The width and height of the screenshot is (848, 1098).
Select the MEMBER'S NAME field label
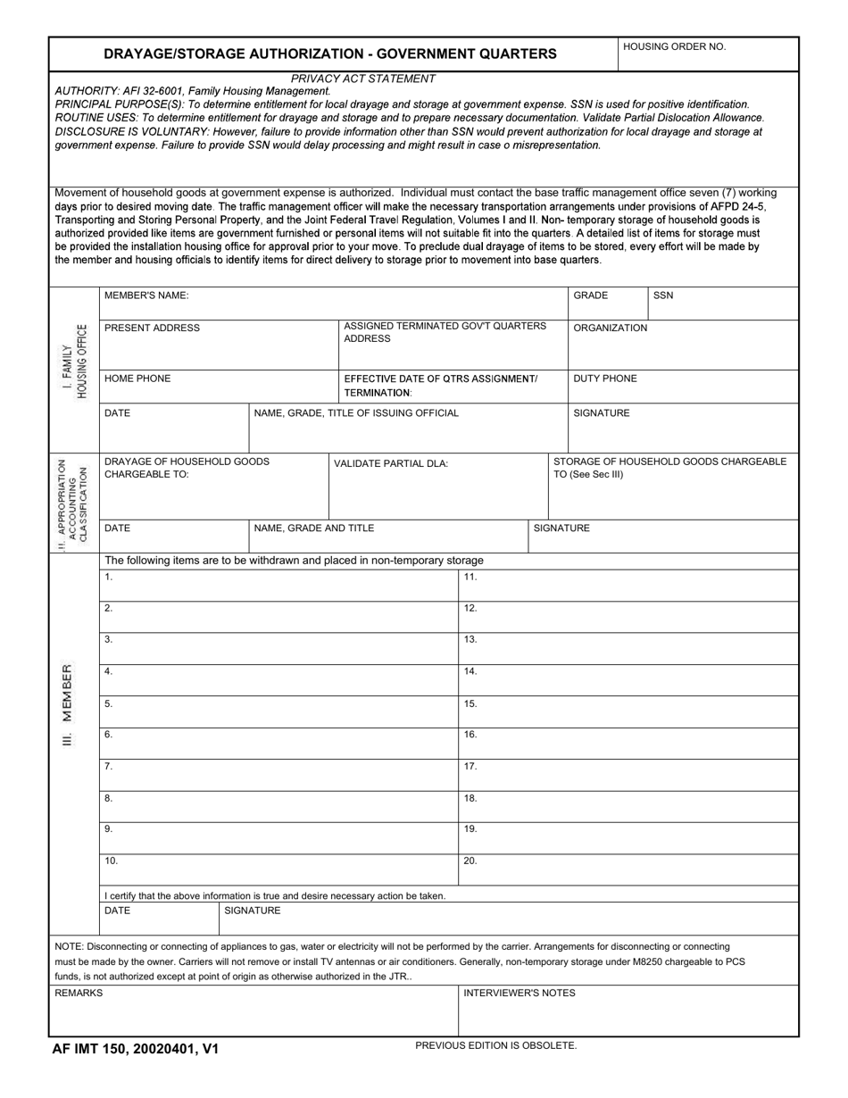pos(146,295)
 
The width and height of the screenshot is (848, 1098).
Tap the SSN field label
pos(663,295)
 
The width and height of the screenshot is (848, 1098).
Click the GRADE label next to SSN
pos(590,295)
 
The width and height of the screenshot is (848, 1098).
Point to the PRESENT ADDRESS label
pos(152,328)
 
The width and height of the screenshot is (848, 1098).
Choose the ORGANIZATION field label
pos(610,328)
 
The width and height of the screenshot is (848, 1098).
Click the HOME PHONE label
pos(137,378)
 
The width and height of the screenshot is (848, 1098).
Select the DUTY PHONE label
pos(604,378)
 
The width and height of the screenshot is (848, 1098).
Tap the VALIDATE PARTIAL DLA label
pos(391,463)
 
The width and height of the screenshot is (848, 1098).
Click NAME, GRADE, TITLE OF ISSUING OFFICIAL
pos(356,413)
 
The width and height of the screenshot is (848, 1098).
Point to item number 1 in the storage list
pos(109,577)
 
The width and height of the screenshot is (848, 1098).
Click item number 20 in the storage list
pos(470,861)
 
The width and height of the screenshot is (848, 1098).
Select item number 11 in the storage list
pos(470,577)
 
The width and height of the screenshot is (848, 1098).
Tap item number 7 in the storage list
pos(109,766)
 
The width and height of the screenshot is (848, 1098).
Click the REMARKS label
pos(79,993)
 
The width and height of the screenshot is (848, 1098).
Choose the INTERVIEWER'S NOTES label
pos(519,993)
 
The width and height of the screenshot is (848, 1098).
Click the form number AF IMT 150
pos(135,1050)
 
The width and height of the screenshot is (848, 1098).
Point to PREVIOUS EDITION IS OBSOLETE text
pos(495,1044)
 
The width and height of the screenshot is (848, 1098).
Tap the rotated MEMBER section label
pos(68,704)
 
